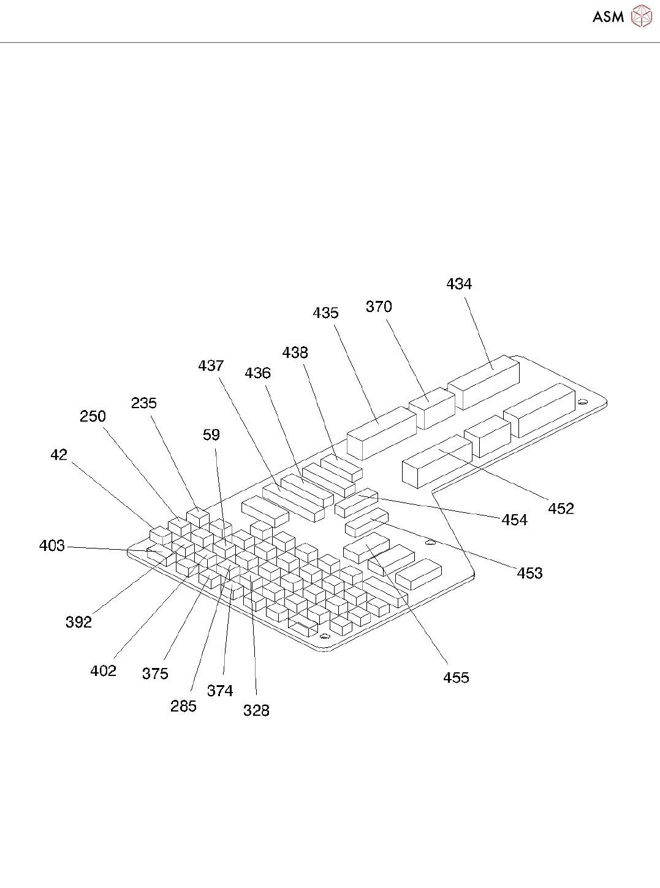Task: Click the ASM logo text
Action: [608, 17]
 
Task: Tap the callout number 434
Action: [459, 284]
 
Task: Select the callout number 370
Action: [379, 306]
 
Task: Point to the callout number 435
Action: [325, 313]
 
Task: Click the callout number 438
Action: [295, 352]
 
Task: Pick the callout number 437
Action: [211, 365]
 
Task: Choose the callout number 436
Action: [257, 373]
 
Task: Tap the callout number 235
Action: [144, 403]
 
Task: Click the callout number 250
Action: [93, 416]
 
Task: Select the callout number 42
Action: [59, 454]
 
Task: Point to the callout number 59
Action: [211, 435]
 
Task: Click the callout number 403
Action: [52, 545]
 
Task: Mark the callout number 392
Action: [78, 622]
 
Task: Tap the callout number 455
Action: [456, 677]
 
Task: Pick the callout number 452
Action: [561, 508]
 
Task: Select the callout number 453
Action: [529, 573]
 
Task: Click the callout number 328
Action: [256, 710]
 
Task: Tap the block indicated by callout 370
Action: [433, 408]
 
